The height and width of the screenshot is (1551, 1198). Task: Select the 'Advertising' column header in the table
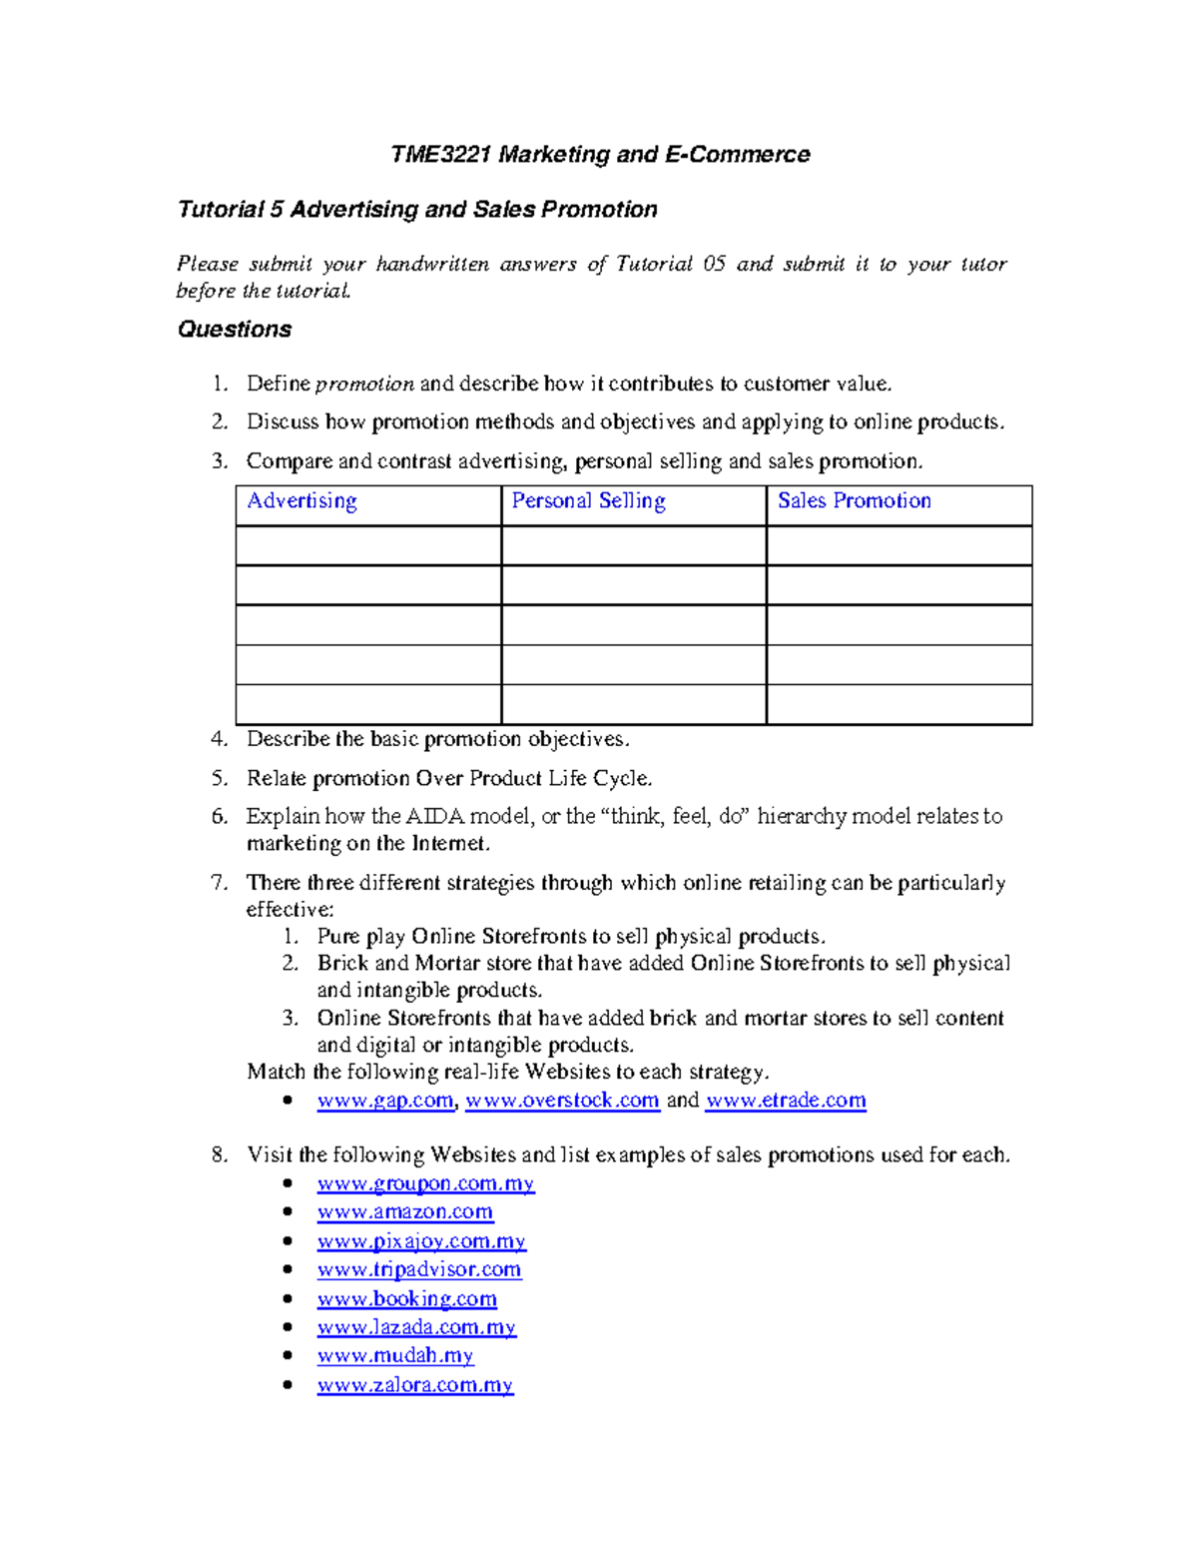coord(301,501)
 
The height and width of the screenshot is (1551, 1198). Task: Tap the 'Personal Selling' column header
coord(588,501)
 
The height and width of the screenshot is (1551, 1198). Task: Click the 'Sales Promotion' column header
coord(854,501)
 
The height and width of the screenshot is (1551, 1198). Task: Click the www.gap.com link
coord(385,1101)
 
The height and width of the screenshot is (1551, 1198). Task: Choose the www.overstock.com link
coord(562,1101)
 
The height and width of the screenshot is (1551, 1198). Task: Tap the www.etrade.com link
coord(786,1101)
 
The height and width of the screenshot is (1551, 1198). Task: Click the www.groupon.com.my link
coord(425,1184)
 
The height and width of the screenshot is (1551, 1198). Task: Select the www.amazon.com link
coord(404,1212)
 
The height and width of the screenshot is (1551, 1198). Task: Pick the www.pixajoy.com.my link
coord(421,1241)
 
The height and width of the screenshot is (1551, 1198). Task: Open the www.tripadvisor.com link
coord(418,1270)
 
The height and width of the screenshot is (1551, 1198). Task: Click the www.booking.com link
coord(406,1299)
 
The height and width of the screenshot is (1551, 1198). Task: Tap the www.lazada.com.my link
coord(416,1328)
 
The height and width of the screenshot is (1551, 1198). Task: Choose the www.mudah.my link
coord(394,1356)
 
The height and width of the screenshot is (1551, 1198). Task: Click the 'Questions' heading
coord(235,330)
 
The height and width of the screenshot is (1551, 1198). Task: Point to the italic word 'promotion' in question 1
coord(364,385)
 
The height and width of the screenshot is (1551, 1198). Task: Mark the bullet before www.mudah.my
coord(288,1355)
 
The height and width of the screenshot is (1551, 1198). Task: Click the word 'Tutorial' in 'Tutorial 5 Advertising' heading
coord(220,210)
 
